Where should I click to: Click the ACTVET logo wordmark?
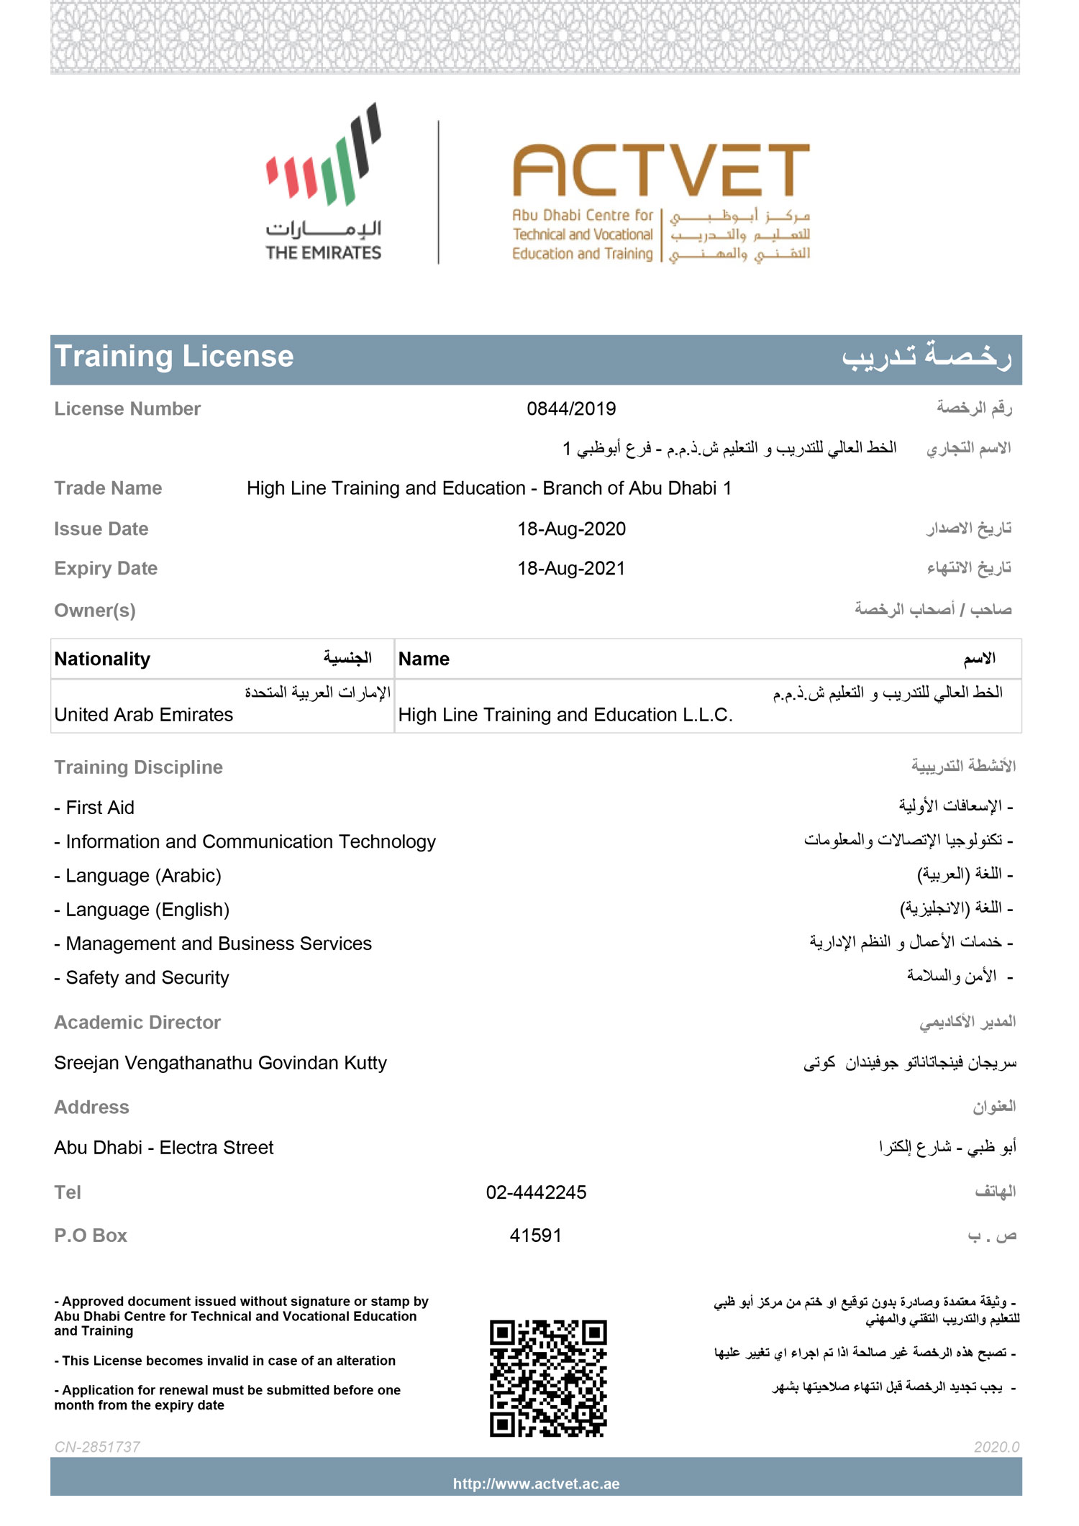(660, 170)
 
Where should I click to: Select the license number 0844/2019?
(571, 409)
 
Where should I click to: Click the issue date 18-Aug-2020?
(571, 529)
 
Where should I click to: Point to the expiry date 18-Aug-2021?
(571, 569)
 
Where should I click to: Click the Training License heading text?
(174, 357)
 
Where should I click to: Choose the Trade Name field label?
(108, 488)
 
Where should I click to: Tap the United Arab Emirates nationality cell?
(144, 715)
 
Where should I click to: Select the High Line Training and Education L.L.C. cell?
(565, 715)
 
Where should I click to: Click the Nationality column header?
(102, 659)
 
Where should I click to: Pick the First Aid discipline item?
(99, 808)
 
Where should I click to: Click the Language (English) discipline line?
(147, 910)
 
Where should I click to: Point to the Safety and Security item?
(147, 978)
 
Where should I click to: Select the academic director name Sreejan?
(220, 1063)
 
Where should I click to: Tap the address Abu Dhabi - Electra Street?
(164, 1148)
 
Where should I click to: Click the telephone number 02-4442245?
(536, 1193)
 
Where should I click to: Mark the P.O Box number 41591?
(535, 1235)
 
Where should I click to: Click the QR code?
(548, 1379)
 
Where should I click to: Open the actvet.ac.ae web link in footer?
(536, 1484)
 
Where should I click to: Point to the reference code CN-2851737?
(97, 1447)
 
